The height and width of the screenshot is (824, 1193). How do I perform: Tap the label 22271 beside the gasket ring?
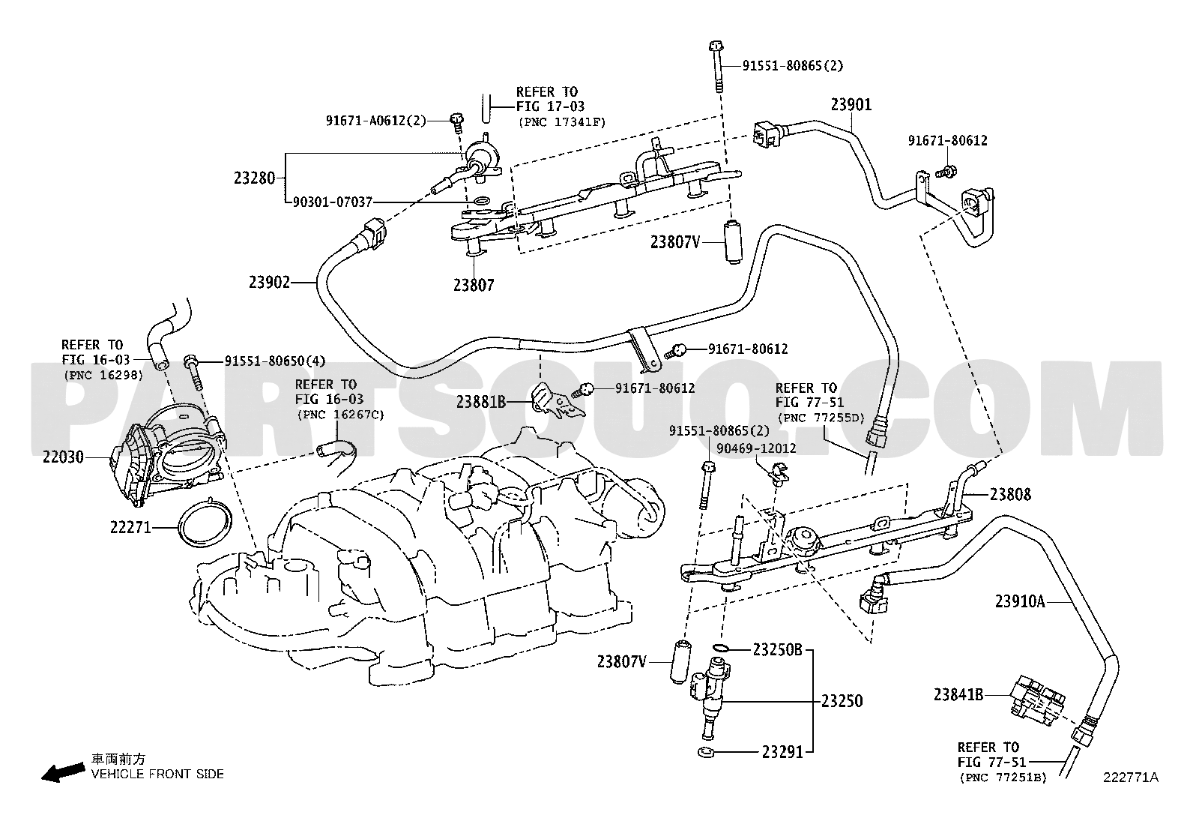click(x=131, y=528)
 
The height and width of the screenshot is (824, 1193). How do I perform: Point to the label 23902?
click(x=270, y=282)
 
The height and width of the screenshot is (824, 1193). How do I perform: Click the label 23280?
click(x=254, y=178)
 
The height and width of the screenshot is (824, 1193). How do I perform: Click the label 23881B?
click(x=480, y=402)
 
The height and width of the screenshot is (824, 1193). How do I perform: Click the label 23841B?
click(x=958, y=694)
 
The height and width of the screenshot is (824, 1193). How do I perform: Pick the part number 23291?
click(x=782, y=751)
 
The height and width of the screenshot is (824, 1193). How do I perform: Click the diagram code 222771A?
click(x=1129, y=778)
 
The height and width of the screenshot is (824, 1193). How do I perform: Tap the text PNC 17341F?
click(x=562, y=121)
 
